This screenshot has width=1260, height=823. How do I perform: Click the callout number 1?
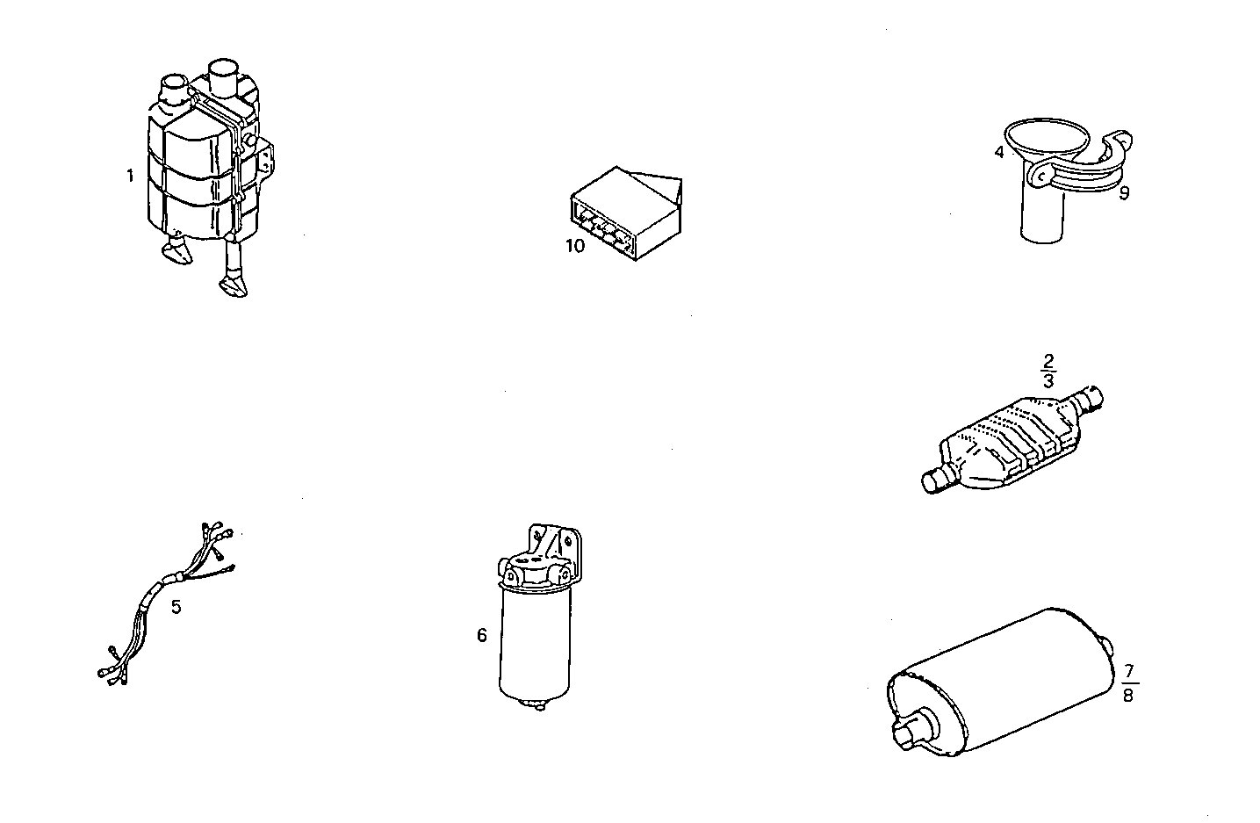pyautogui.click(x=130, y=176)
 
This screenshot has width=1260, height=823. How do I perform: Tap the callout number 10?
pyautogui.click(x=574, y=246)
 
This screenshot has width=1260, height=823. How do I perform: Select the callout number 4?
pyautogui.click(x=999, y=152)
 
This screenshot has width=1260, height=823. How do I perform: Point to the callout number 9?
pyautogui.click(x=1124, y=193)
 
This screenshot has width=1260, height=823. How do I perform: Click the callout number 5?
pyautogui.click(x=176, y=607)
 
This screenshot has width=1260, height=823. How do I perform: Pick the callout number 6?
pyautogui.click(x=482, y=635)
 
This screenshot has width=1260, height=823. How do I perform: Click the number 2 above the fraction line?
pyautogui.click(x=1048, y=361)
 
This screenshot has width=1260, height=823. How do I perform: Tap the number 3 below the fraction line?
pyautogui.click(x=1048, y=380)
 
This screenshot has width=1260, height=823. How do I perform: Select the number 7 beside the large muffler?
pyautogui.click(x=1129, y=674)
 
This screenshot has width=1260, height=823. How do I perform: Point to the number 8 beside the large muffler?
pyautogui.click(x=1129, y=695)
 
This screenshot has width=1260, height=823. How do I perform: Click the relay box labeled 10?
pyautogui.click(x=623, y=211)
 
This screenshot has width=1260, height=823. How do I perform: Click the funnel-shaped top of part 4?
pyautogui.click(x=1048, y=138)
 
